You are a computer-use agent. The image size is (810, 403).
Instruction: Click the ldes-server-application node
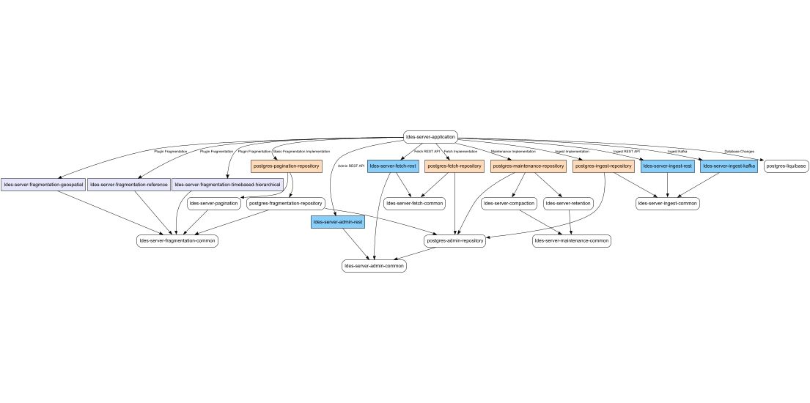431,136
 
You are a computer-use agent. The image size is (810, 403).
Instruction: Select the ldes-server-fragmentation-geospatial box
43,185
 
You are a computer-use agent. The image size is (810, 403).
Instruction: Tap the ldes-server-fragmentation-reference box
129,185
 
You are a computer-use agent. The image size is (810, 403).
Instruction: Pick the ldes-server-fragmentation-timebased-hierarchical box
227,185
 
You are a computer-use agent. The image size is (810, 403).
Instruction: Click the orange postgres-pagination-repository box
287,166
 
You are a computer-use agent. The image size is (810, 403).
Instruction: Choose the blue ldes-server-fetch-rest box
393,166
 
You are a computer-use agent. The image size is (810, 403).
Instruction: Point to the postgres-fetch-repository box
454,166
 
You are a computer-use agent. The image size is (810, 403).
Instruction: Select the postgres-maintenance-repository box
528,166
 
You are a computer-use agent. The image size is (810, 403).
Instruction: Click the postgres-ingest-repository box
603,166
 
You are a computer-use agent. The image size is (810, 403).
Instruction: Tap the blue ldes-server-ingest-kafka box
729,166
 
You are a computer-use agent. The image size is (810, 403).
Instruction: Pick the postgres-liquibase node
786,166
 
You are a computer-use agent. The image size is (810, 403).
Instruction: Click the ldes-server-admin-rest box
337,221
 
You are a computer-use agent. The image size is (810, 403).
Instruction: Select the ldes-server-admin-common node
373,266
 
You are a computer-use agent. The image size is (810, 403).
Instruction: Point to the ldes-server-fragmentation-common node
177,240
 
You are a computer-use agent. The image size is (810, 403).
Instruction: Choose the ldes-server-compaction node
509,203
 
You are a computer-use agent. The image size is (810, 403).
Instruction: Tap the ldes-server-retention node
568,203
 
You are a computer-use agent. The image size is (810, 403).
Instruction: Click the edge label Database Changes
739,152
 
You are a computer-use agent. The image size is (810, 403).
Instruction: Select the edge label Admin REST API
351,166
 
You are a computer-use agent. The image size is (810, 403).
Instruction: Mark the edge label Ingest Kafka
677,152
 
